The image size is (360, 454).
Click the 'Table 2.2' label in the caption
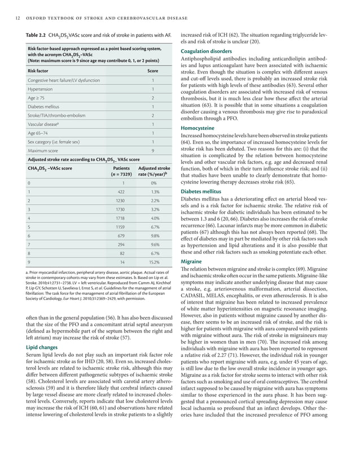pyautogui.click(x=36, y=35)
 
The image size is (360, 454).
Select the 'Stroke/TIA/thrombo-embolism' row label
pyautogui.click(x=58, y=115)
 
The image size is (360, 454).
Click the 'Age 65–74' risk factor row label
pyautogui.click(x=39, y=133)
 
